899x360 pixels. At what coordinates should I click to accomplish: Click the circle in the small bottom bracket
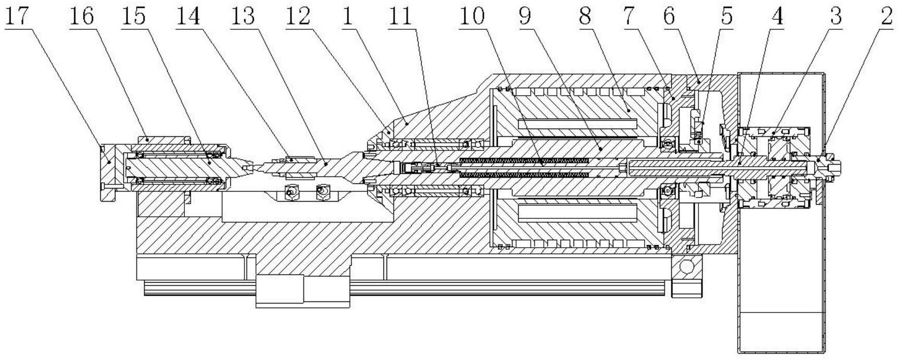[x=686, y=267]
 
